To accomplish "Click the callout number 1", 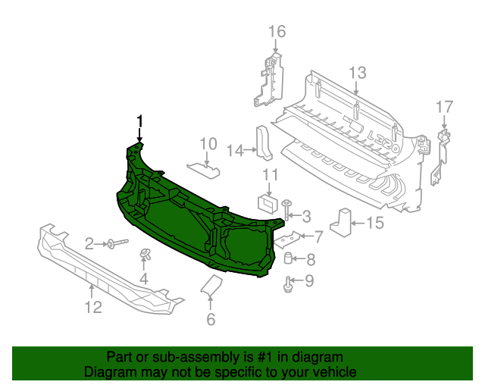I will click(x=139, y=120).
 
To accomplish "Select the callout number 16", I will click(x=277, y=31).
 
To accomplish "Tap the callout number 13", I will click(x=357, y=73).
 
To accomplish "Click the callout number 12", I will click(x=92, y=307).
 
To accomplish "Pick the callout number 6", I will click(x=211, y=319).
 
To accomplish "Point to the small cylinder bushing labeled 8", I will click(x=289, y=259).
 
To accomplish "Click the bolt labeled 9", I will click(x=288, y=285).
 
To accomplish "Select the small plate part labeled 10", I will click(x=203, y=166).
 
